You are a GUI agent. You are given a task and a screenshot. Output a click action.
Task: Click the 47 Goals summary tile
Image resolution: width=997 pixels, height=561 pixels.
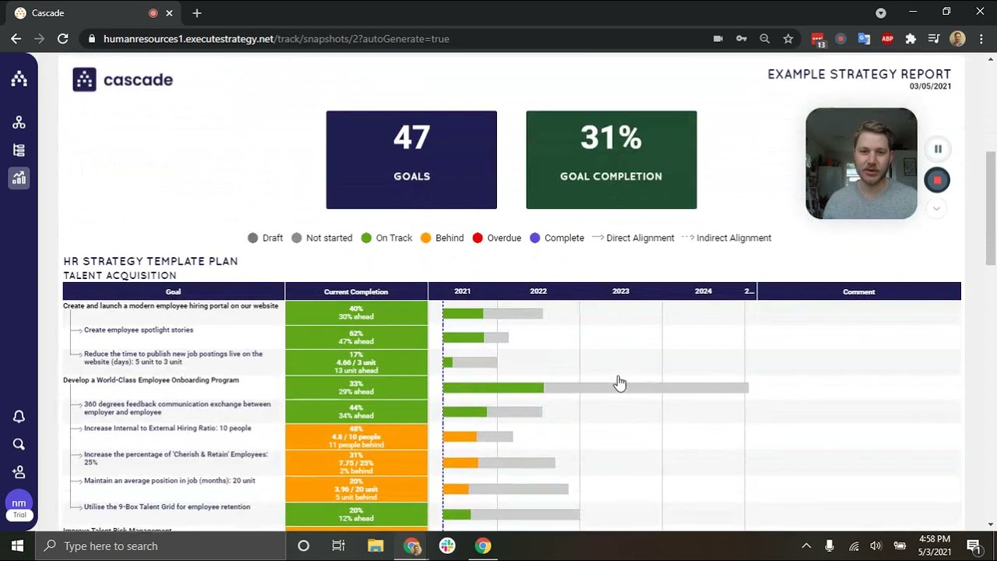pyautogui.click(x=411, y=160)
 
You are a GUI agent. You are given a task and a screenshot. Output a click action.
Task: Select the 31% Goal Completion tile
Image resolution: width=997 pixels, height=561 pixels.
pyautogui.click(x=611, y=160)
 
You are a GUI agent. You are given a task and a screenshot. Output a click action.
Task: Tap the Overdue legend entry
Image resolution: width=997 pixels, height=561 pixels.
pyautogui.click(x=497, y=238)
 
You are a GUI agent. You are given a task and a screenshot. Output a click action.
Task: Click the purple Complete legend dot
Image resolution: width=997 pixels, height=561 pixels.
pyautogui.click(x=534, y=238)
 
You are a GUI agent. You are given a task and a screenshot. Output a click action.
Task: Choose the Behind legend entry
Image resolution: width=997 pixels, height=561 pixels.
pyautogui.click(x=442, y=238)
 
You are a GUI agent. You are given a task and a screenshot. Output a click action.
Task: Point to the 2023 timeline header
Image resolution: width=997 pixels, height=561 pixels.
pyautogui.click(x=620, y=291)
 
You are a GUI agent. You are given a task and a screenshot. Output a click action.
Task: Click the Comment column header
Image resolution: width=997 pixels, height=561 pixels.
pyautogui.click(x=858, y=291)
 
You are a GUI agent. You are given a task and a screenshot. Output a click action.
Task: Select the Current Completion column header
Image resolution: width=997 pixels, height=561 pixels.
pyautogui.click(x=356, y=291)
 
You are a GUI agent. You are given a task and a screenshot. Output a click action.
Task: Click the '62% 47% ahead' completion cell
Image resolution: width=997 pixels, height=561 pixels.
pyautogui.click(x=356, y=337)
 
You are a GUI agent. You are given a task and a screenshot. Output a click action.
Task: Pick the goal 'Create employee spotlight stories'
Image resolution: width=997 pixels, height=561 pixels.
pyautogui.click(x=139, y=330)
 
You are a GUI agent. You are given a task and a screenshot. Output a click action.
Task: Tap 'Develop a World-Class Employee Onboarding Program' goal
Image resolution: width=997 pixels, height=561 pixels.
pyautogui.click(x=151, y=380)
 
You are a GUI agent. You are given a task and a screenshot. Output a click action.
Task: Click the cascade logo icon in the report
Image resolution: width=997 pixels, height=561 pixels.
pyautogui.click(x=84, y=79)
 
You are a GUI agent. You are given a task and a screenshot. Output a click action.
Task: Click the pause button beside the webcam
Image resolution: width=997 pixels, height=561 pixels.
pyautogui.click(x=938, y=149)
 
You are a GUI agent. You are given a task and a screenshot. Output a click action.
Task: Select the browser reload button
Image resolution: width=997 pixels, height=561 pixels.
pyautogui.click(x=63, y=39)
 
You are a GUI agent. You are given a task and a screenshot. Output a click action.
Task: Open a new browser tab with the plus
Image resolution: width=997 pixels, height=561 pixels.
pyautogui.click(x=197, y=13)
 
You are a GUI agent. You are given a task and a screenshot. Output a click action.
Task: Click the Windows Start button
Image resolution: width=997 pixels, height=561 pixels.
pyautogui.click(x=17, y=545)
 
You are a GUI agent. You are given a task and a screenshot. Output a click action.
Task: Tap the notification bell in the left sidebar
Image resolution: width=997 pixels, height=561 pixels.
pyautogui.click(x=19, y=417)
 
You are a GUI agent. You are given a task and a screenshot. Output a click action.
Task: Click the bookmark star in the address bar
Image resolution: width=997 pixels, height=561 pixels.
pyautogui.click(x=788, y=39)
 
